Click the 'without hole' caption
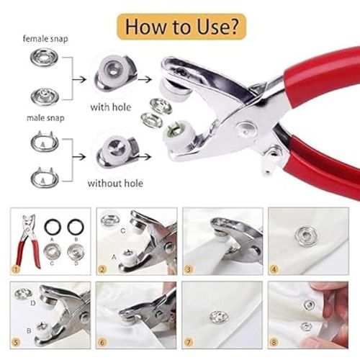click(115, 183)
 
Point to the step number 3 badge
click(189, 271)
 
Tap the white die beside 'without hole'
click(117, 150)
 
